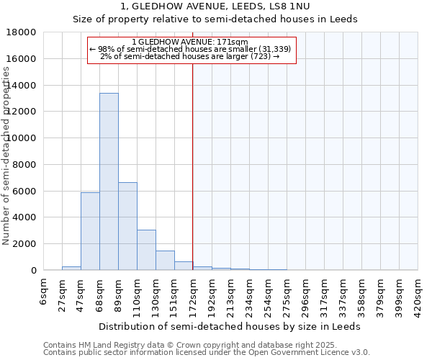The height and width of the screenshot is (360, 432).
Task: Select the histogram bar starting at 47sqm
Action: pyautogui.click(x=90, y=231)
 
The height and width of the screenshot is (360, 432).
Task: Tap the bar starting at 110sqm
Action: pyautogui.click(x=146, y=250)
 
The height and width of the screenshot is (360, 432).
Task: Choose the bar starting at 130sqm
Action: pyautogui.click(x=165, y=260)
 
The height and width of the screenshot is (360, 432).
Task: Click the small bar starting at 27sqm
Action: pyautogui.click(x=71, y=268)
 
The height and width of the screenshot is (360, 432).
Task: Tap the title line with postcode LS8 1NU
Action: pyautogui.click(x=215, y=6)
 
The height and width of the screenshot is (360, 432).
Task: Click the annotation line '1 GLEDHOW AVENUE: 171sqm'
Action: pyautogui.click(x=191, y=42)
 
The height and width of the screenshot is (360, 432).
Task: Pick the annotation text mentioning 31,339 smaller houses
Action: pyautogui.click(x=191, y=49)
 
